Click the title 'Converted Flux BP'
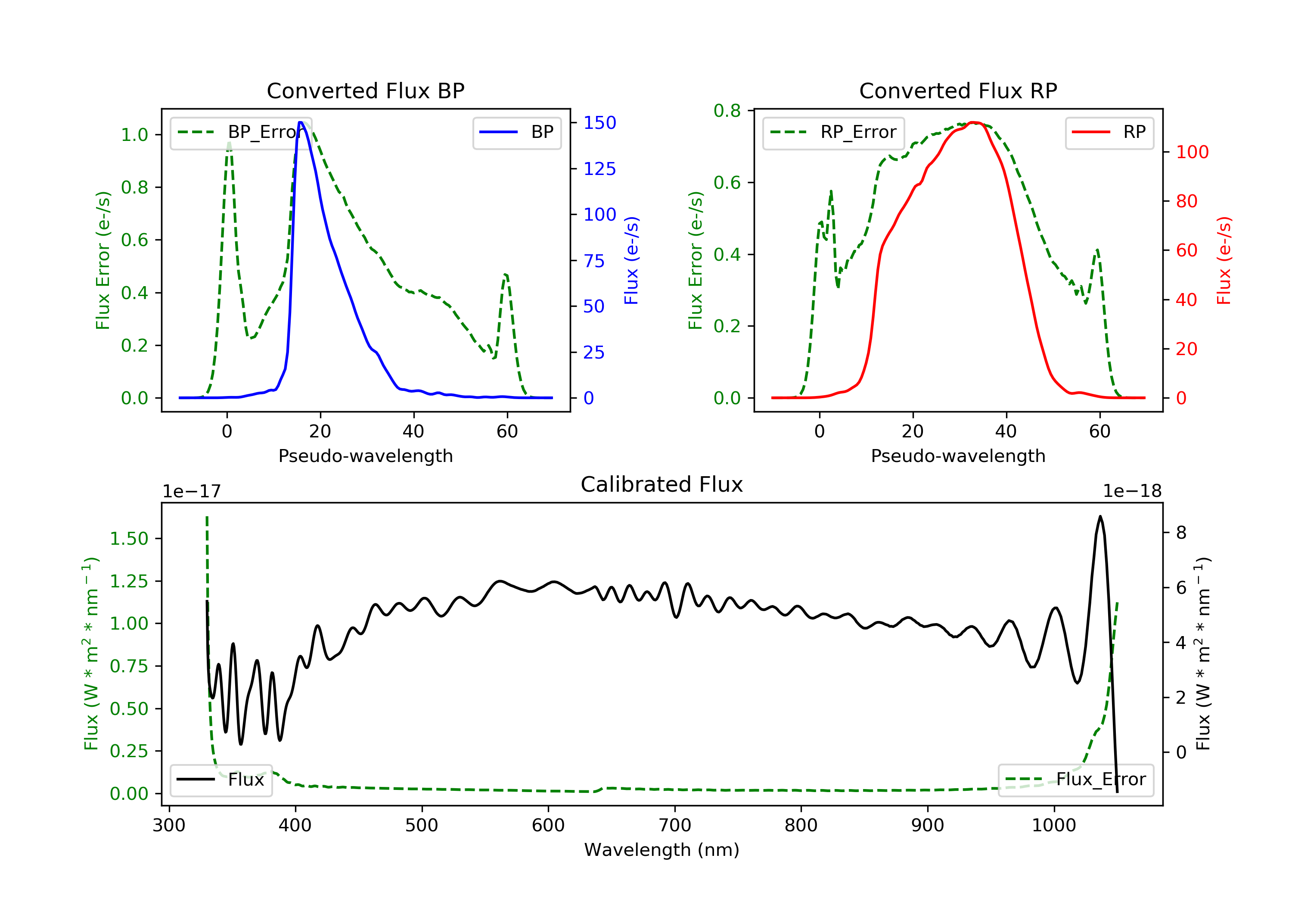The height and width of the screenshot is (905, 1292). coord(365,90)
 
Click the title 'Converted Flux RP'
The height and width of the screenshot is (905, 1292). coord(958,90)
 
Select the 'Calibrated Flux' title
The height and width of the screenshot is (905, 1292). coord(662,484)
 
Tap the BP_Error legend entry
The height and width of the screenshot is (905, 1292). coord(241,132)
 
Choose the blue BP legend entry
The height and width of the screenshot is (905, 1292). coord(516,132)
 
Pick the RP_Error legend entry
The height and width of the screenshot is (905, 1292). coord(833,132)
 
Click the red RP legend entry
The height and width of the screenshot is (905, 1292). coord(1109,132)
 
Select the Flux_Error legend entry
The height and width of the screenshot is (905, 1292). coord(1076,780)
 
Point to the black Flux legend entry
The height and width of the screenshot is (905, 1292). coord(221,780)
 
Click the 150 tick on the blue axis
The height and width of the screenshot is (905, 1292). coord(600,123)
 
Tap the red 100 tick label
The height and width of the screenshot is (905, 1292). coord(1193,152)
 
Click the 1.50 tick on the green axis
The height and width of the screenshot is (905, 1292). coord(129,539)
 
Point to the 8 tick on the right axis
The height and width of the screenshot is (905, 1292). coord(1182,533)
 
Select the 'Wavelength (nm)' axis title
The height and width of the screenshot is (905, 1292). coord(662,850)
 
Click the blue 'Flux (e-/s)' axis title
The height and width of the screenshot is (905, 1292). coord(631,260)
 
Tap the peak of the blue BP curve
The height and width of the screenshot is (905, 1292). coord(301,122)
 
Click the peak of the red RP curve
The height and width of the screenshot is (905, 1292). coord(974,122)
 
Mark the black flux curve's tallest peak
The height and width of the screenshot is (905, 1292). coord(1100,516)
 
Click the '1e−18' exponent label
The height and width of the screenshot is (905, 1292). coord(1132,492)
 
